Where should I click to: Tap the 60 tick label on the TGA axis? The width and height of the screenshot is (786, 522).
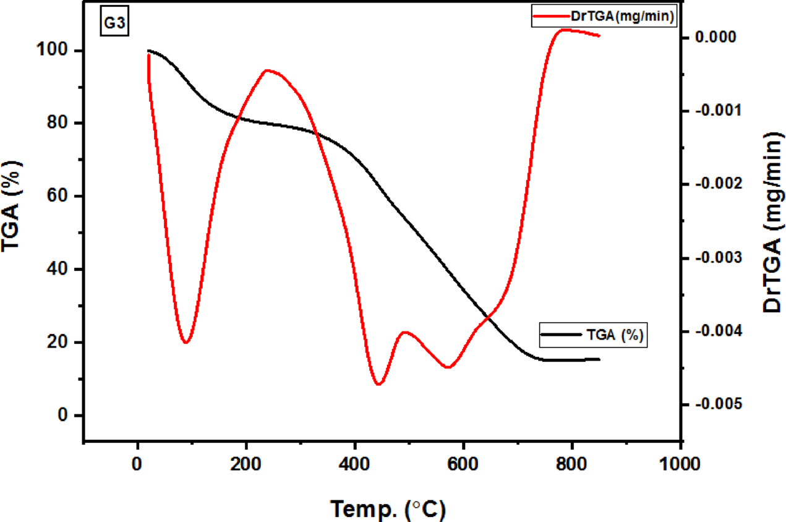(x=64, y=197)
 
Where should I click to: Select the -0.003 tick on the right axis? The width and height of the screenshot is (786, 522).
(x=717, y=258)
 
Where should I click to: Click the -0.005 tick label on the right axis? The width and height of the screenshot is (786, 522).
(x=717, y=404)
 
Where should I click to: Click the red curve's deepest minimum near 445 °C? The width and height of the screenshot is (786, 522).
(x=378, y=384)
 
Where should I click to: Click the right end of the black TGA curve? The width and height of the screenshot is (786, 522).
(x=599, y=359)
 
